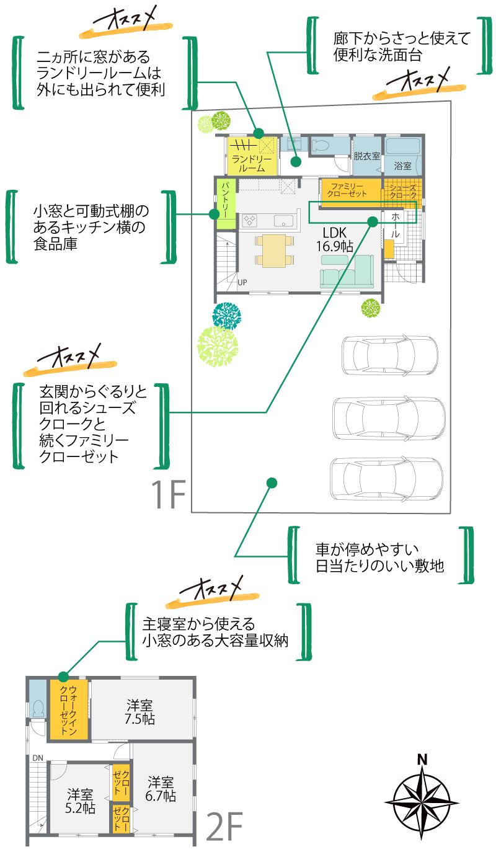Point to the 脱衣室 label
[x=366, y=157]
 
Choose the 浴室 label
[x=403, y=166]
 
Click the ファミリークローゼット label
[x=348, y=190]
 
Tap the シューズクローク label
[x=402, y=190]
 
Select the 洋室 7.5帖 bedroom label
[x=140, y=713]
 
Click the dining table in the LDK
[x=273, y=250]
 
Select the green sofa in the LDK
[x=347, y=272]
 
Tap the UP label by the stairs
[x=242, y=282]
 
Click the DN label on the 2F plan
[x=38, y=758]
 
